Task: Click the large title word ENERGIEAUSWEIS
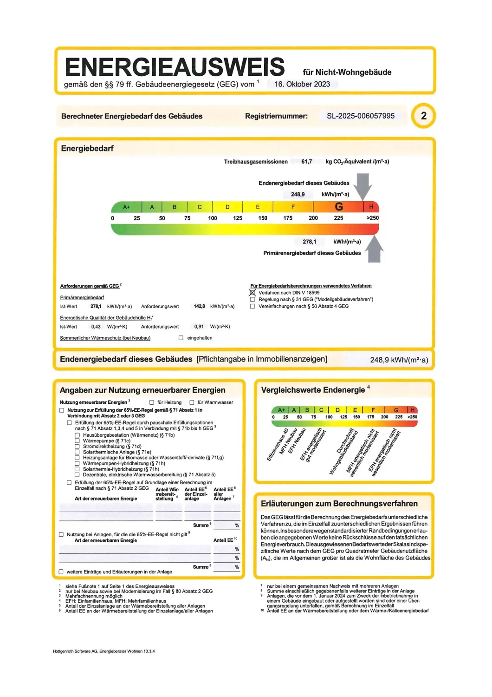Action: (175, 67)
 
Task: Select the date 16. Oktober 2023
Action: (302, 84)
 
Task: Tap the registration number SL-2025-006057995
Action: (361, 116)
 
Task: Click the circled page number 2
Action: (423, 116)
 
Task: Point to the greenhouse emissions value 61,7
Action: (306, 162)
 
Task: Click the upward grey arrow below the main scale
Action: (374, 249)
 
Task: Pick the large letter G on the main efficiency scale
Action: (339, 207)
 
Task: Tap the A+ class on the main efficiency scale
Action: (126, 207)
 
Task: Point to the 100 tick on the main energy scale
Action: (213, 218)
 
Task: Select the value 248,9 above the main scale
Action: (298, 194)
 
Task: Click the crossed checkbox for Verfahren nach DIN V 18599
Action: (252, 293)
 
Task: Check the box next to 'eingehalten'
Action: (181, 338)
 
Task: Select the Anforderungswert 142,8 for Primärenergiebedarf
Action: (199, 306)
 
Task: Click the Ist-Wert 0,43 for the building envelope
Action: (96, 327)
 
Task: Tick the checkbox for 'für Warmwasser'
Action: (192, 402)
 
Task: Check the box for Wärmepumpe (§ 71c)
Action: (77, 441)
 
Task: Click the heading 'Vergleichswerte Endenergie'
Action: (313, 390)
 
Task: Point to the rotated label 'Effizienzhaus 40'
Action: (278, 445)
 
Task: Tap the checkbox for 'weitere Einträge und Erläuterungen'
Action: (61, 572)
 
